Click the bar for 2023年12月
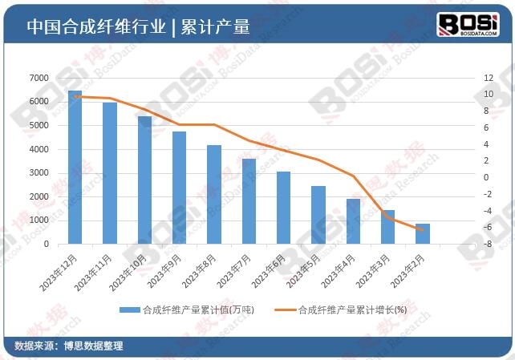click(75, 168)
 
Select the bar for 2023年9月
click(179, 188)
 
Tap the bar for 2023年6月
click(283, 208)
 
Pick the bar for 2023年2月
click(422, 233)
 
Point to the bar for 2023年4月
click(353, 221)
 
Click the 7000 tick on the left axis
click(39, 78)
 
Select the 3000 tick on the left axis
click(39, 173)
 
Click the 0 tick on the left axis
click(47, 244)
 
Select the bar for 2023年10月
click(144, 180)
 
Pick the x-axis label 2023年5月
click(306, 271)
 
